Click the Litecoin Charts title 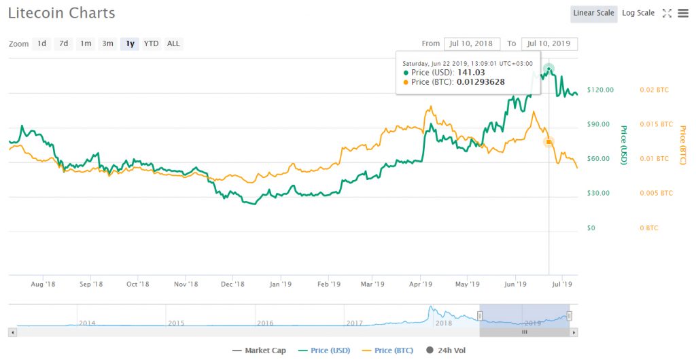tap(62, 13)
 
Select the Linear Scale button tap(593, 13)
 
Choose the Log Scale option tap(638, 13)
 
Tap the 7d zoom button tap(63, 43)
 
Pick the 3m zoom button tap(107, 43)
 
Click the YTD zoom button tap(151, 43)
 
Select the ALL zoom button tap(173, 43)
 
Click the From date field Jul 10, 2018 tap(471, 43)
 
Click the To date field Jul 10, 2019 tap(549, 43)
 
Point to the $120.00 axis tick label tap(601, 90)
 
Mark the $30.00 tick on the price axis tap(599, 193)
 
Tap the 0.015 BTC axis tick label tap(656, 124)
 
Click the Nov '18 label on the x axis tap(186, 284)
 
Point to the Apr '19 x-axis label tap(421, 284)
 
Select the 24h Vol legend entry tap(449, 350)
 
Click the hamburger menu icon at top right tap(682, 13)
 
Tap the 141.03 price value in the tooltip tap(469, 72)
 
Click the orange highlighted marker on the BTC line tap(549, 141)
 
